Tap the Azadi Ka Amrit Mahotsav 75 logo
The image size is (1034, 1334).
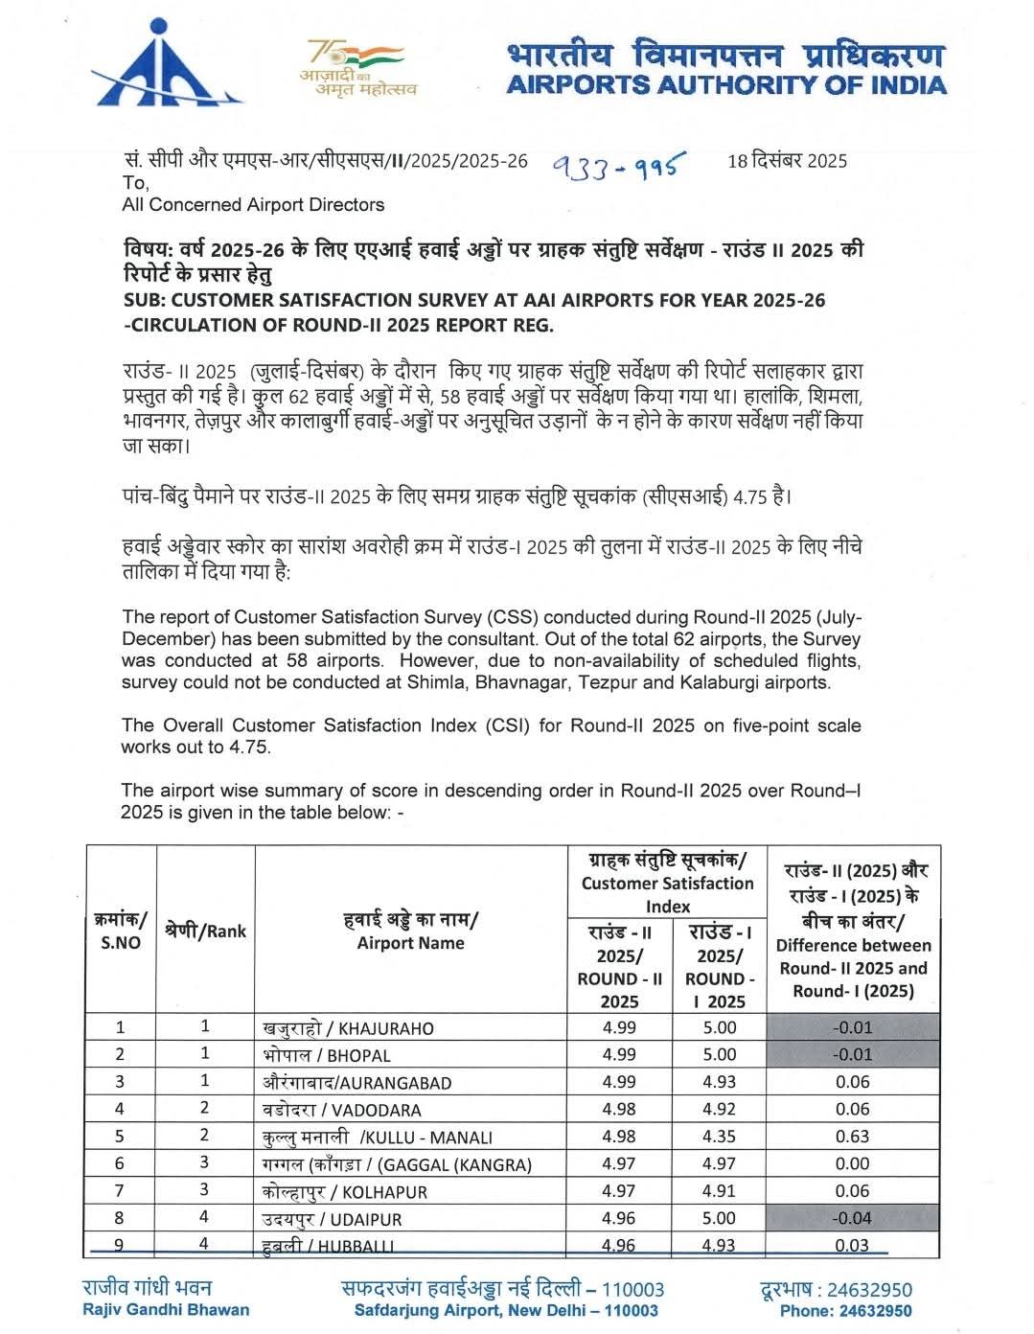pyautogui.click(x=357, y=67)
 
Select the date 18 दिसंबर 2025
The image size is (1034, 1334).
pyautogui.click(x=787, y=160)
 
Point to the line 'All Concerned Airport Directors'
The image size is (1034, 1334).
pyautogui.click(x=253, y=204)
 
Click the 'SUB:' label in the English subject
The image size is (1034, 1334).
pyautogui.click(x=145, y=300)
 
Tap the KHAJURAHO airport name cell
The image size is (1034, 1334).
pyautogui.click(x=348, y=1028)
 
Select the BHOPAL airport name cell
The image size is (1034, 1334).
pyautogui.click(x=327, y=1055)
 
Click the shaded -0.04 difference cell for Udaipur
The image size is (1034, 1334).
pyautogui.click(x=853, y=1219)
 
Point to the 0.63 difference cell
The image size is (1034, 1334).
pyautogui.click(x=853, y=1137)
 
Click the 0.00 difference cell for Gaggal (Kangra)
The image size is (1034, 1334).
pyautogui.click(x=853, y=1163)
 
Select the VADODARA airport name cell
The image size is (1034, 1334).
pyautogui.click(x=342, y=1110)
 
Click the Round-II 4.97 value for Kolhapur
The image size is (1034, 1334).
pyautogui.click(x=619, y=1191)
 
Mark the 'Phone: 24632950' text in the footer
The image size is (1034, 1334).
pyautogui.click(x=845, y=1310)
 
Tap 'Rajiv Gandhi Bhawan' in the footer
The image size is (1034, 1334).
pyautogui.click(x=166, y=1310)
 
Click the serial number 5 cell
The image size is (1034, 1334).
pyautogui.click(x=121, y=1137)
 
